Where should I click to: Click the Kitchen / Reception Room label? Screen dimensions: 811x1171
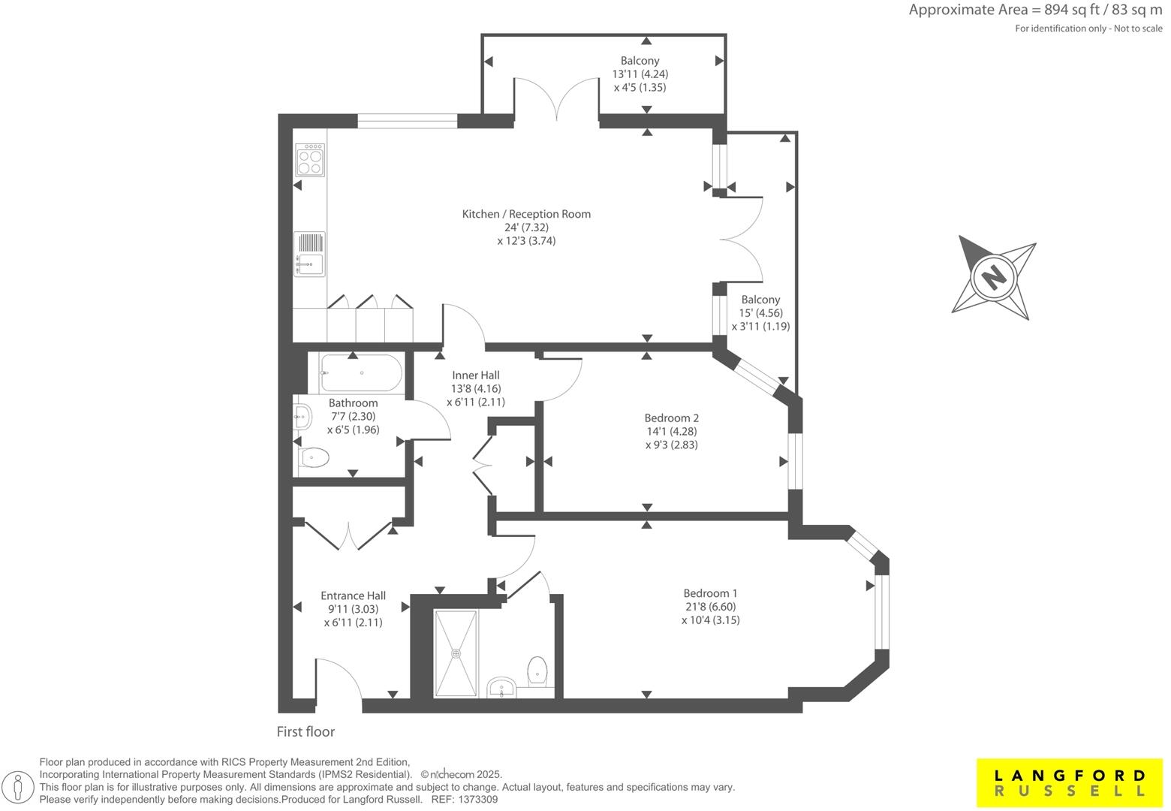tap(526, 214)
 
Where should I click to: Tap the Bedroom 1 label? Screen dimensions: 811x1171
tap(710, 592)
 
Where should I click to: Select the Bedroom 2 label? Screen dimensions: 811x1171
tap(671, 418)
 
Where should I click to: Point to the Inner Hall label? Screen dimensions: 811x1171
tap(475, 375)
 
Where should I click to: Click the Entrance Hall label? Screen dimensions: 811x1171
tap(353, 595)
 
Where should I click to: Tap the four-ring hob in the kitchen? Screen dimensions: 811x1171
tap(310, 161)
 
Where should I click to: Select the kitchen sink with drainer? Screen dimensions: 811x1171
tap(309, 254)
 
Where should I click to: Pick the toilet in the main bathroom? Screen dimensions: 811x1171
tap(314, 457)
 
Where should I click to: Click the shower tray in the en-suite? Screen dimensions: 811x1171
tap(456, 653)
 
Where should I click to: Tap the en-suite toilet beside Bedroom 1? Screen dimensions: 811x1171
tap(537, 671)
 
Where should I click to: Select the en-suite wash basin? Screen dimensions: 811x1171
tap(501, 686)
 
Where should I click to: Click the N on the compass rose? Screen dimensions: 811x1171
tap(994, 277)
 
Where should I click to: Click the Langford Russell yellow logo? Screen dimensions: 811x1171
tap(1070, 782)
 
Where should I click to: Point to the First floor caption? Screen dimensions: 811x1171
tap(306, 731)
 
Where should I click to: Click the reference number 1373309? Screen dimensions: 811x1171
tap(477, 800)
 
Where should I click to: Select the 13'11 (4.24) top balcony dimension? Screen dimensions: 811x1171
tap(640, 74)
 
